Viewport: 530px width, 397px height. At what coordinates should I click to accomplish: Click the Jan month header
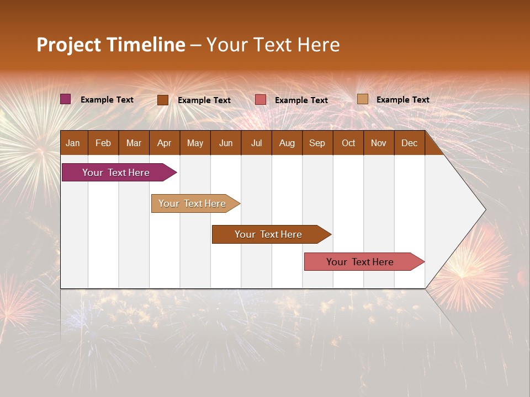coord(73,143)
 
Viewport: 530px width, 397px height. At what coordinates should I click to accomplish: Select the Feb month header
coord(103,143)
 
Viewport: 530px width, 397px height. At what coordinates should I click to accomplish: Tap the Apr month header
coord(164,143)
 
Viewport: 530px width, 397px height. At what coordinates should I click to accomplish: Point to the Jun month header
coord(226,143)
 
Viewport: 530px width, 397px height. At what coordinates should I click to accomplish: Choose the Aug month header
coord(287,143)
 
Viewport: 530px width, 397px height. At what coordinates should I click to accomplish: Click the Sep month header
coord(317,143)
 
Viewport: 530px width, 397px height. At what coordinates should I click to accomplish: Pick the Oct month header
coord(348,143)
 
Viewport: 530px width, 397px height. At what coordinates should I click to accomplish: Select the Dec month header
coord(409,143)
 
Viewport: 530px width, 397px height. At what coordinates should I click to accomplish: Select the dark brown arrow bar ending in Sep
coord(269,234)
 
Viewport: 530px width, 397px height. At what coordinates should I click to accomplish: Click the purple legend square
coord(66,99)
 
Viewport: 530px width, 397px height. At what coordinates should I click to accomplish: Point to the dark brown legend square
coord(163,100)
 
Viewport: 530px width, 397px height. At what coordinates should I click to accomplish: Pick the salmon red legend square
coord(261,100)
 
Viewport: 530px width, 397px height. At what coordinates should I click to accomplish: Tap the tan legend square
coord(362,99)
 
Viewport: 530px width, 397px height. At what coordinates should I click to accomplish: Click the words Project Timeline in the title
coord(110,45)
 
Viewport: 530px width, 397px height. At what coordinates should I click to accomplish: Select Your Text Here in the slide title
coord(273,45)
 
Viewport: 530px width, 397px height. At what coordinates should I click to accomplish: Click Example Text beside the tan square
coord(402,99)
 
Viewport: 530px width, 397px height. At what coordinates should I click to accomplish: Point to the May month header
coord(195,143)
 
